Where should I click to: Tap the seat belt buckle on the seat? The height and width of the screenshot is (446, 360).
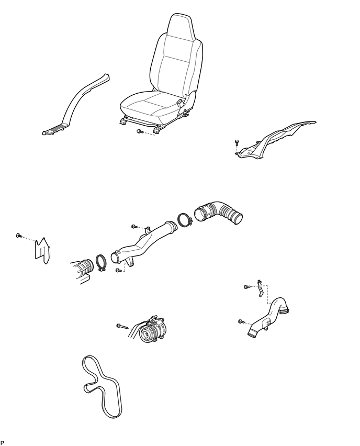181,103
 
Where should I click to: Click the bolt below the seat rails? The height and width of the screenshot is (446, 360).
140,131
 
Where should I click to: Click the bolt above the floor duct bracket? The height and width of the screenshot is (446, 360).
237,142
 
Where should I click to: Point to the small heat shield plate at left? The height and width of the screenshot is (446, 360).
42,251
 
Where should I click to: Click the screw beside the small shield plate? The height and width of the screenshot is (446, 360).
19,235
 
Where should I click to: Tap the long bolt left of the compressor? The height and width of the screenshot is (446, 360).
122,326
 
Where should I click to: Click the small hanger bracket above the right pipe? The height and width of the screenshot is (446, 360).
260,288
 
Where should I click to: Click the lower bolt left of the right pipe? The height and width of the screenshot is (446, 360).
242,321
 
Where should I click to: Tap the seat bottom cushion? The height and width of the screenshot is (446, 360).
149,107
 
